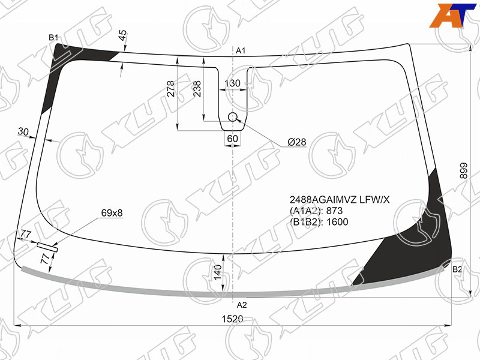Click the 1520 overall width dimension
click(232, 319)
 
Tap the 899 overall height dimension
click(464, 170)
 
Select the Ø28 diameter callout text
click(296, 142)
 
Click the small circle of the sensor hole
click(233, 116)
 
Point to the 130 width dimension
click(232, 83)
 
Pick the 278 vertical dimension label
click(171, 88)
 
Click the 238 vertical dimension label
click(197, 88)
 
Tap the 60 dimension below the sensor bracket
click(232, 139)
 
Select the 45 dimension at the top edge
click(122, 35)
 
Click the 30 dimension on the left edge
click(23, 132)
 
